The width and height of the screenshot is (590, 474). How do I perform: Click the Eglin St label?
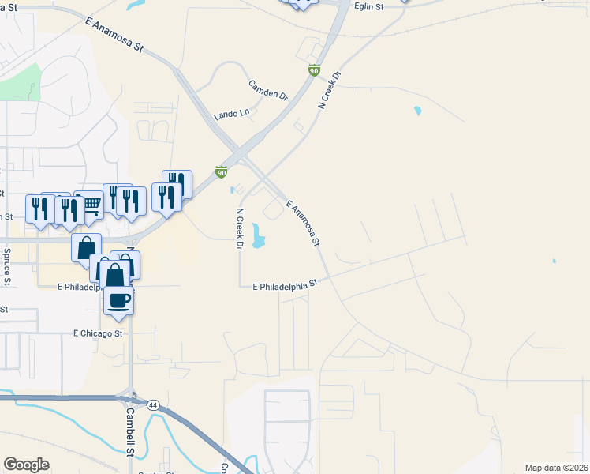point(368,7)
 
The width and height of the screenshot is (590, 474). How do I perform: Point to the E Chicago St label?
point(98,334)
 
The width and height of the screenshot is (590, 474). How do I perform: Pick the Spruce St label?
point(7,267)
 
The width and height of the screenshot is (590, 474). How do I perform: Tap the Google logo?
point(26,465)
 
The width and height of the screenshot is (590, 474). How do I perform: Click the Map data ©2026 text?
point(557,467)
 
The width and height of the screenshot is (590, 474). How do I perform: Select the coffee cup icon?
point(118,301)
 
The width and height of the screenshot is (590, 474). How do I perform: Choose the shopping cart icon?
point(91,205)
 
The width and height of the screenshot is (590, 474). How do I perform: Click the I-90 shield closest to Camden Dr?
point(314,70)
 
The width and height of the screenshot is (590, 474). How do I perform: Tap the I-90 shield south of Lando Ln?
point(222,171)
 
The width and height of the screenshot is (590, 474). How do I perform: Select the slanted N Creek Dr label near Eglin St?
point(329,89)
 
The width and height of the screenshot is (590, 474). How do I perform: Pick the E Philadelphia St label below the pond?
point(284,286)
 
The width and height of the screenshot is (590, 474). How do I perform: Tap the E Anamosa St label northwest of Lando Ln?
point(116,36)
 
